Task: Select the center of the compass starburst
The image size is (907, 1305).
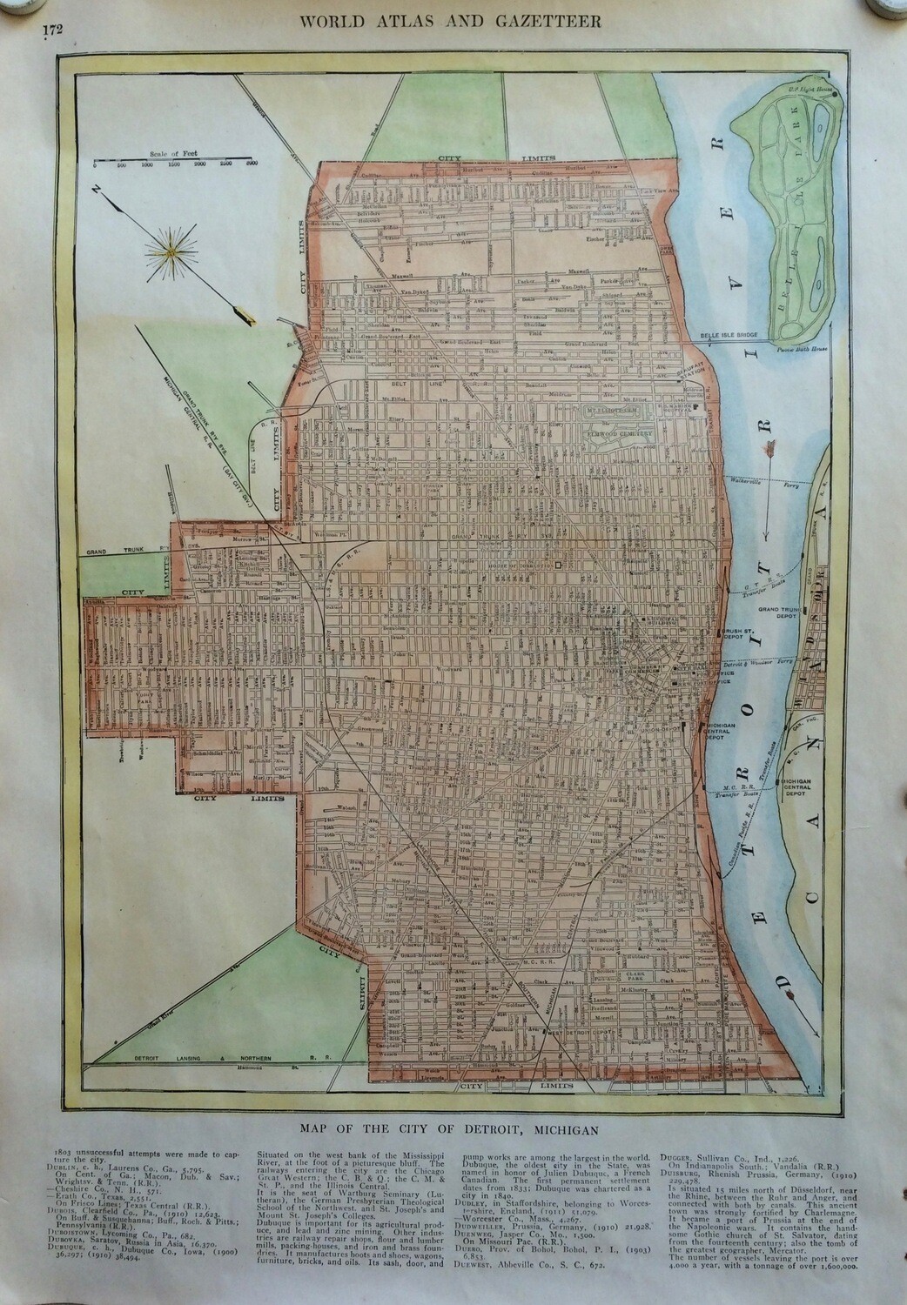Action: (x=172, y=252)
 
